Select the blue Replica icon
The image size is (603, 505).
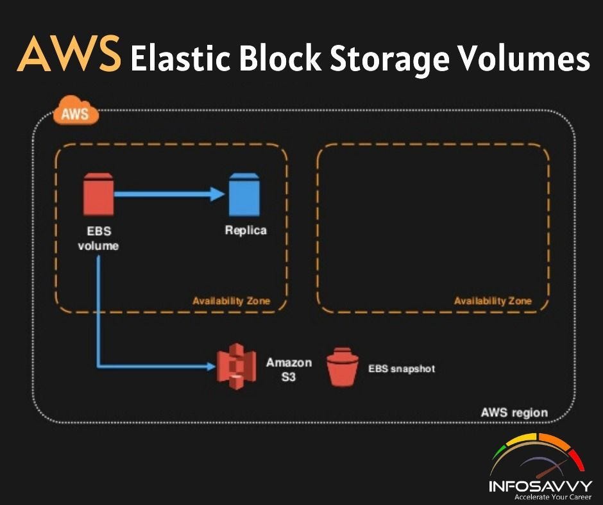click(245, 195)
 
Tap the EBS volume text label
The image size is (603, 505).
click(98, 238)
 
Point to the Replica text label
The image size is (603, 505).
click(246, 230)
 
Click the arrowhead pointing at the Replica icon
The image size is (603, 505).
click(217, 194)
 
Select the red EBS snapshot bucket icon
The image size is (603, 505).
click(342, 367)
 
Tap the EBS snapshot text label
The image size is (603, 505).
click(402, 368)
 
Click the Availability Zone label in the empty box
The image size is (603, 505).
click(493, 301)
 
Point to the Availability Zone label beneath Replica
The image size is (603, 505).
click(231, 301)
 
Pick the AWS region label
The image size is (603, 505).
click(514, 411)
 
